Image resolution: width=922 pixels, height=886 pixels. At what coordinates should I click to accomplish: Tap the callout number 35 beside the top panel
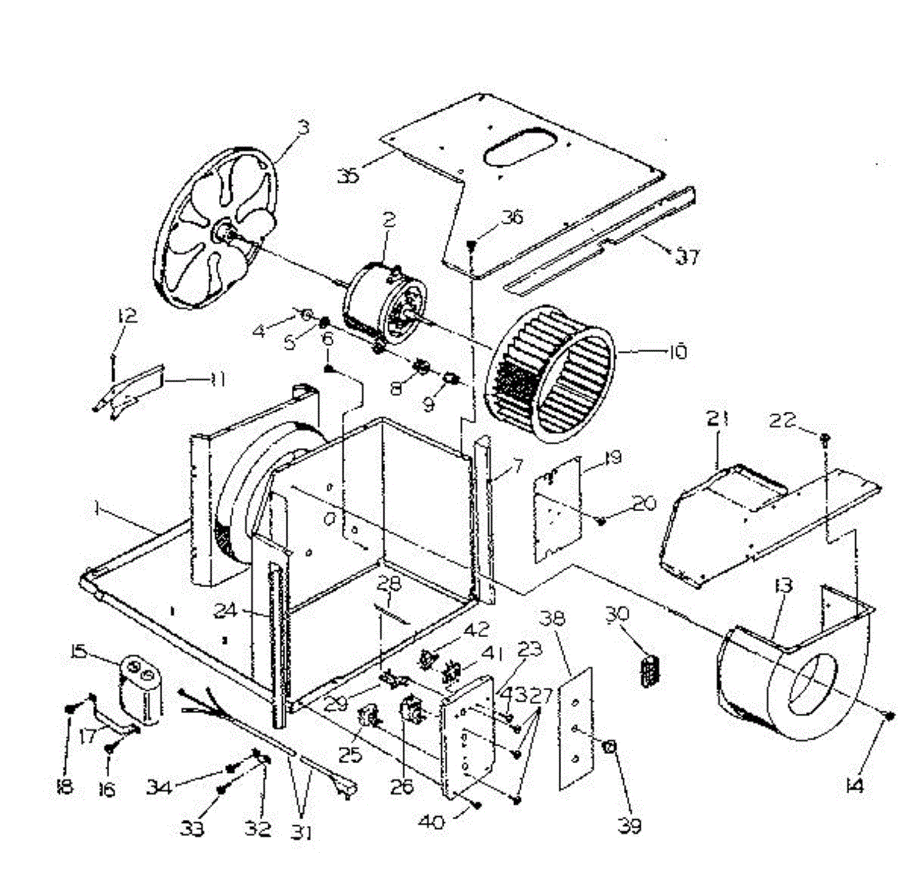click(348, 176)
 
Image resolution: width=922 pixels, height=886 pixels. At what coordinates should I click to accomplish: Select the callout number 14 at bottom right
click(854, 785)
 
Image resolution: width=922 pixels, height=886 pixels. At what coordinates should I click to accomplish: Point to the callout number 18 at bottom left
click(65, 787)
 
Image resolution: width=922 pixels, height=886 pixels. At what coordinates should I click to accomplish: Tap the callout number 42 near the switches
click(476, 630)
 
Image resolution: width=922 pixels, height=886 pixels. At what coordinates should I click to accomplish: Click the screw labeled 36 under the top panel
click(472, 245)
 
